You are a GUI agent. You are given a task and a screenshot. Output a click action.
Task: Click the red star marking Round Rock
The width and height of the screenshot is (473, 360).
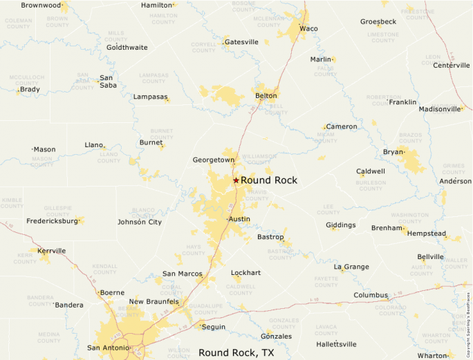pos(236,180)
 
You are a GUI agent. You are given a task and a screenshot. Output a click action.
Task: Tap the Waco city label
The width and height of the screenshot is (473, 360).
pos(308,28)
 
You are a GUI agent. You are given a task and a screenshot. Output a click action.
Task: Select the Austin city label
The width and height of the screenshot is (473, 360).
pos(239,219)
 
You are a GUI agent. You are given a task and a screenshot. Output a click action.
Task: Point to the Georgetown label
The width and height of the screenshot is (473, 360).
pos(214,160)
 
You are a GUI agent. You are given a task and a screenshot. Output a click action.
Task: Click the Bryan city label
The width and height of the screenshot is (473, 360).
pos(393,151)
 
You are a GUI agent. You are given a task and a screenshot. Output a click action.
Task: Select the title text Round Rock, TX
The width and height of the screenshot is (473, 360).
pos(237,352)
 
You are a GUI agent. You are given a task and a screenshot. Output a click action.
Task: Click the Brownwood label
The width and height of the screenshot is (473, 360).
pos(41,5)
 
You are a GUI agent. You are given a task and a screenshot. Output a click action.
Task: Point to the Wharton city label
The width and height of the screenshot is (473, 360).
pos(432,355)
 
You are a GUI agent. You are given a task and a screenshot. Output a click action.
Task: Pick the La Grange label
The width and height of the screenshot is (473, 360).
pos(351,266)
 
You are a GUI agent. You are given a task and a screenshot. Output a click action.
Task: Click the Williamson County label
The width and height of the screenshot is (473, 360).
pos(259,160)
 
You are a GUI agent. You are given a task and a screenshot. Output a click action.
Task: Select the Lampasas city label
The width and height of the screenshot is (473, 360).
pos(150,97)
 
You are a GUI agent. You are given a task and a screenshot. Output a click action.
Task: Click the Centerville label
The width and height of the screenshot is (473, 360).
pos(452,65)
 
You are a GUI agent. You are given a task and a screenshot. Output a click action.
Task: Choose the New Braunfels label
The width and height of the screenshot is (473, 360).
pos(154,301)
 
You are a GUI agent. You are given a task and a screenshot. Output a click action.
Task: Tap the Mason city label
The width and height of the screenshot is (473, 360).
pos(45,149)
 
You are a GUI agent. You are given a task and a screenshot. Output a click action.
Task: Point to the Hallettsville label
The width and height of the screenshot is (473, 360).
pos(336,343)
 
